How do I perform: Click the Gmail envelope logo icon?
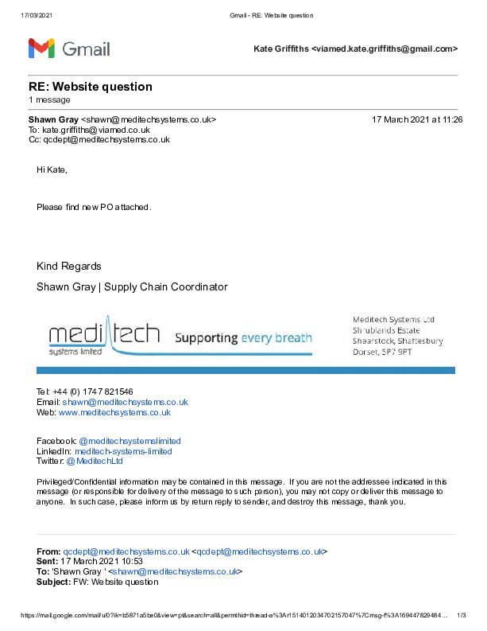coord(41,48)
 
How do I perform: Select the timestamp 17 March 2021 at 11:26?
coord(417,119)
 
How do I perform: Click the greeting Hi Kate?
coord(52,169)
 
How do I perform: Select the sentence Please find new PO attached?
coord(94,207)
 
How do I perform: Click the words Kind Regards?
coord(69,266)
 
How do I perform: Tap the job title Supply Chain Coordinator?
coord(166,286)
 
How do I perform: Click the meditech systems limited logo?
coord(103,338)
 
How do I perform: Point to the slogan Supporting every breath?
coord(243,337)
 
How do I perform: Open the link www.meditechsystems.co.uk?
coord(114,412)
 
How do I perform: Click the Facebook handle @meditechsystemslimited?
coord(129,441)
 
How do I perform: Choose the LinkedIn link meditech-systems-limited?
coord(129,451)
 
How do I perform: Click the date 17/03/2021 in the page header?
coord(35,15)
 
